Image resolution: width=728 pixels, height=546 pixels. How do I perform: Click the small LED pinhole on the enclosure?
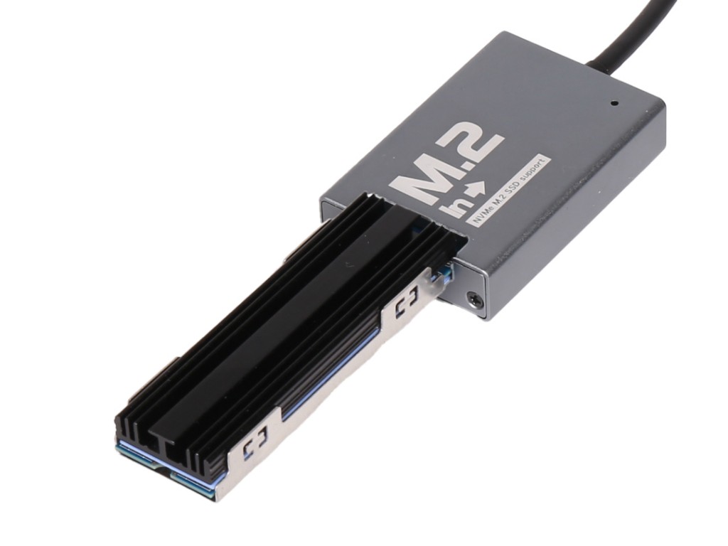tap(615, 103)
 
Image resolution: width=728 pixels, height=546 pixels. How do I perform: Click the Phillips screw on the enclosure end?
tap(473, 298)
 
